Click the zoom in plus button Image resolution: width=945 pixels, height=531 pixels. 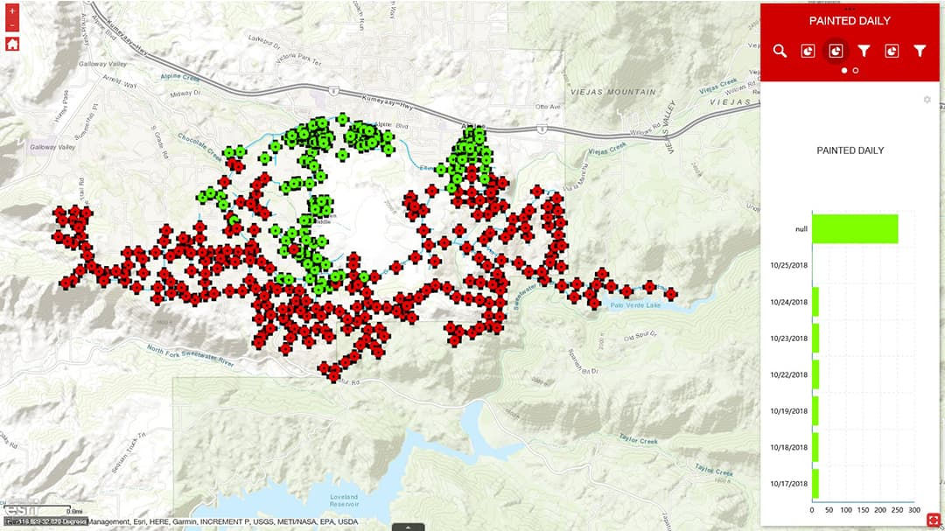click(12, 11)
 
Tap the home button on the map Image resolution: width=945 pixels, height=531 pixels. click(12, 44)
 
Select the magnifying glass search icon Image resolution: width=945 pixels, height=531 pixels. click(780, 52)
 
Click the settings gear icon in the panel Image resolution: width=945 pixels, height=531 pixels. click(927, 100)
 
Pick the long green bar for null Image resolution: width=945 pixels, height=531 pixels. click(855, 228)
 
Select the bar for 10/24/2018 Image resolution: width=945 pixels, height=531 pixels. click(815, 302)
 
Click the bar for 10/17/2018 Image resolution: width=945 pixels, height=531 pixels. click(815, 484)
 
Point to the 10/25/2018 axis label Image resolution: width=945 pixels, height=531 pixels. click(789, 264)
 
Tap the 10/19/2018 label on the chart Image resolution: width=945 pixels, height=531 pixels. click(789, 410)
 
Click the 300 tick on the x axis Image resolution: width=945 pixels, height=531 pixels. click(914, 510)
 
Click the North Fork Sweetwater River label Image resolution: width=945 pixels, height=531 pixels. click(191, 355)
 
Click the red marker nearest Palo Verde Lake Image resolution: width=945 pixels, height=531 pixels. click(670, 294)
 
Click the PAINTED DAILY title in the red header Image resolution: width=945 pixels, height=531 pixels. click(850, 21)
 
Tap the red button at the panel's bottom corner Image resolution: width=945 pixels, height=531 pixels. click(933, 520)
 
